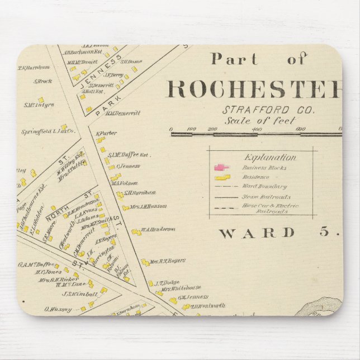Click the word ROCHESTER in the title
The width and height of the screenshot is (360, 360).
(254, 89)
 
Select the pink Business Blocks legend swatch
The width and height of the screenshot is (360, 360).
(222, 167)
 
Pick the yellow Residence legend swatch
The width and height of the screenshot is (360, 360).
(222, 177)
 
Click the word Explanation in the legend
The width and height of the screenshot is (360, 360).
(263, 157)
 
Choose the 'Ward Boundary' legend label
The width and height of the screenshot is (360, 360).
(264, 187)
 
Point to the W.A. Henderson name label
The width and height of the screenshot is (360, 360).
(158, 229)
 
